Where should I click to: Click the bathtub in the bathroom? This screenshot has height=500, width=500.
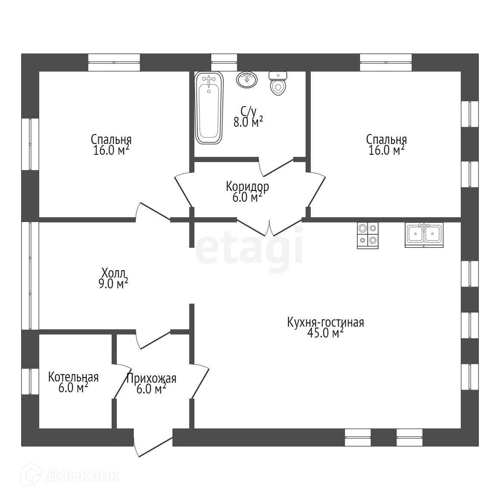click(209, 108)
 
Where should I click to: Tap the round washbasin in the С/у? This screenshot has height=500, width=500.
click(247, 79)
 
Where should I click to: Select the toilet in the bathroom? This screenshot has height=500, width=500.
click(278, 84)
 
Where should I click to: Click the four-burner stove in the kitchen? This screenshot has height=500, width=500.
click(368, 235)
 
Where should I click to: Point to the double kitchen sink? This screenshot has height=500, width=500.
click(424, 234)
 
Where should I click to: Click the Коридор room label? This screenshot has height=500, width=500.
click(247, 187)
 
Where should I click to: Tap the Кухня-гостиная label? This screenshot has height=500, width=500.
click(325, 322)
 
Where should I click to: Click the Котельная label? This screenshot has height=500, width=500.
click(73, 377)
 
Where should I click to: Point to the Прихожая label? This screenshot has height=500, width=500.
click(151, 378)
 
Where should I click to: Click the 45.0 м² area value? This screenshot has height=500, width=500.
click(325, 333)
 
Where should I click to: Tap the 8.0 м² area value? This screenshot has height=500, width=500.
click(248, 122)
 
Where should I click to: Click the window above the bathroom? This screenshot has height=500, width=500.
click(224, 62)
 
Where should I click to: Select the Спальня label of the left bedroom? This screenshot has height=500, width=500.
click(111, 140)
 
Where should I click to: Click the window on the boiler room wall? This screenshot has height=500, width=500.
click(30, 381)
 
